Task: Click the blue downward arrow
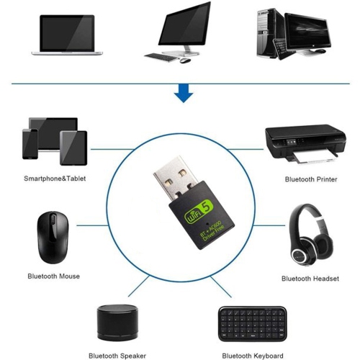point(184,91)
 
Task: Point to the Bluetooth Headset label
point(310,277)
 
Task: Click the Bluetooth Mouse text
point(53,276)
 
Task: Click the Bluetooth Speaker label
point(117,355)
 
